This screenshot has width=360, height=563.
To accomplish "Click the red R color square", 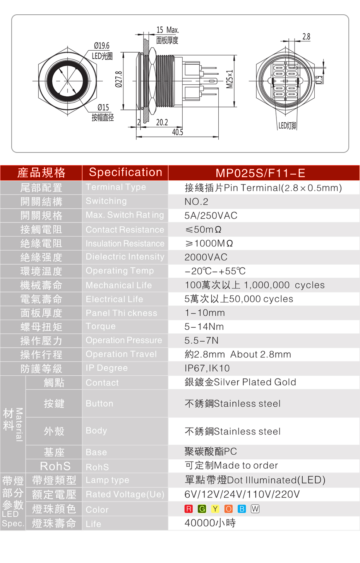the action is click(x=189, y=509).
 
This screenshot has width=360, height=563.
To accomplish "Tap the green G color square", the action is click(x=202, y=509).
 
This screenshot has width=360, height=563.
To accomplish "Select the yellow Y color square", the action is click(x=215, y=509).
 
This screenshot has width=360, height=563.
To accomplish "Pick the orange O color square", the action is click(x=228, y=509).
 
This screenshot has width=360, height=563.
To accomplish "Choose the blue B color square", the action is click(x=242, y=509).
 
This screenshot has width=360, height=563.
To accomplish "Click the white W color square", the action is click(x=255, y=509).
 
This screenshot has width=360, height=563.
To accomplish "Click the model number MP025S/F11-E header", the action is click(x=261, y=173).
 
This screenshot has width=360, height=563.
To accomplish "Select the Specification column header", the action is click(x=125, y=173).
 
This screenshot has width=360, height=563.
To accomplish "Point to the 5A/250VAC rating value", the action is click(x=211, y=216).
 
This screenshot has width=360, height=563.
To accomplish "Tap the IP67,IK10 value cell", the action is click(x=207, y=368).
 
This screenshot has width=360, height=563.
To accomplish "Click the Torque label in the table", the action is click(x=101, y=326).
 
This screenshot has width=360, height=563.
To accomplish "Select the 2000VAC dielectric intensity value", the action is click(x=206, y=257).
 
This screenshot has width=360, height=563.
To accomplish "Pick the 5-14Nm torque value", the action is click(x=204, y=327).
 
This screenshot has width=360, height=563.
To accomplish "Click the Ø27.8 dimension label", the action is click(x=119, y=79).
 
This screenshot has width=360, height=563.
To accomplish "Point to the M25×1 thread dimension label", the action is click(x=230, y=79).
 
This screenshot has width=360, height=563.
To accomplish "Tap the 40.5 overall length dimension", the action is click(x=178, y=132).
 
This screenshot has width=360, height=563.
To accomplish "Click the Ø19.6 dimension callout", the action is click(x=102, y=46).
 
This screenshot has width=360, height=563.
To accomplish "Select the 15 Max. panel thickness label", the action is click(x=168, y=30).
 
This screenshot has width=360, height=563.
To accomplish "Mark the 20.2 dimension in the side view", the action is click(x=162, y=122).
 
